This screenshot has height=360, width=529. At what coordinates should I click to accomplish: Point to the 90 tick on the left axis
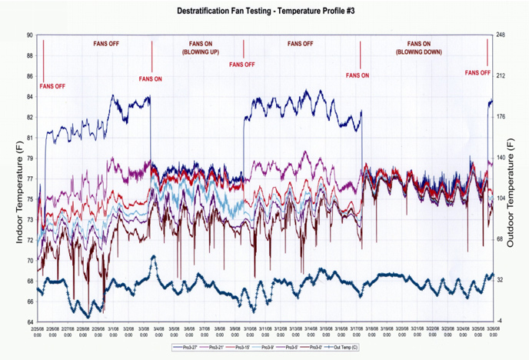click(29, 35)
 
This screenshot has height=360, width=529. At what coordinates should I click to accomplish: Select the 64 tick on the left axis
click(29, 322)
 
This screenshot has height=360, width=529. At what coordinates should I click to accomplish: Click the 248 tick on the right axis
click(501, 35)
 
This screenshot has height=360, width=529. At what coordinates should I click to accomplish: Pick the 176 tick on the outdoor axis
click(501, 117)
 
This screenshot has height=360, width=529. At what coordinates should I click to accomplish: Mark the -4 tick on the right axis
click(499, 321)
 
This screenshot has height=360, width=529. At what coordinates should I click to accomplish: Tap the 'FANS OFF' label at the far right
click(478, 73)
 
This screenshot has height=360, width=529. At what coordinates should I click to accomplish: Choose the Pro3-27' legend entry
click(185, 348)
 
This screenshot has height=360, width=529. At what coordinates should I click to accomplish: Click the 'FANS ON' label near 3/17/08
click(357, 75)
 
